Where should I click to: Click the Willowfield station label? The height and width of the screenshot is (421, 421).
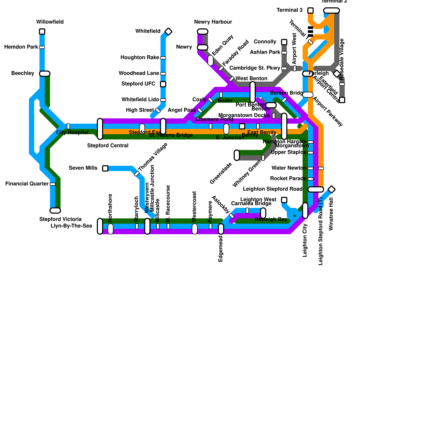pyautogui.click(x=50, y=22)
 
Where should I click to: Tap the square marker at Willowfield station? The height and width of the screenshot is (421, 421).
pyautogui.click(x=42, y=32)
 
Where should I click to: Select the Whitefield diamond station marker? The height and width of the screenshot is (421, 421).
pyautogui.click(x=168, y=32)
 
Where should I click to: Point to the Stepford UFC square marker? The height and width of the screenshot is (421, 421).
pyautogui.click(x=163, y=84)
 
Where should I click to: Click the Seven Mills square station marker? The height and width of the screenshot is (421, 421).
pyautogui.click(x=105, y=168)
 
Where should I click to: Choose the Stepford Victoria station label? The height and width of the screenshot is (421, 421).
pyautogui.click(x=60, y=219)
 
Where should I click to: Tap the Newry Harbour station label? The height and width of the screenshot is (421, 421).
pyautogui.click(x=213, y=22)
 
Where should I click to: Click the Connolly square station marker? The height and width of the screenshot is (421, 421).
pyautogui.click(x=284, y=42)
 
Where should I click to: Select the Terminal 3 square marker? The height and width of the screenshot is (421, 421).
pyautogui.click(x=310, y=11)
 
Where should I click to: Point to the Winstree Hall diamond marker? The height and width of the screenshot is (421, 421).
pyautogui.click(x=332, y=189)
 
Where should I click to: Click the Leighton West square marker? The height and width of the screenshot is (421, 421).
pyautogui.click(x=284, y=200)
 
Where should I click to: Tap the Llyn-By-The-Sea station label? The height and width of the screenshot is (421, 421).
pyautogui.click(x=71, y=226)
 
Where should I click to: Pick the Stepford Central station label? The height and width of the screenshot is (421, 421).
pyautogui.click(x=108, y=146)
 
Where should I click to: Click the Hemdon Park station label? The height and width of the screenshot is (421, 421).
pyautogui.click(x=21, y=47)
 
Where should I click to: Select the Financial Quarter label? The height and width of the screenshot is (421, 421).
pyautogui.click(x=27, y=184)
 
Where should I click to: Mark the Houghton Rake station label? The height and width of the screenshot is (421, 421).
pyautogui.click(x=140, y=58)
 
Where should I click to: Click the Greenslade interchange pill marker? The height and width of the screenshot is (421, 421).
pyautogui.click(x=237, y=155)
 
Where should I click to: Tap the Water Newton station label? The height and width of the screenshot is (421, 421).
pyautogui.click(x=289, y=168)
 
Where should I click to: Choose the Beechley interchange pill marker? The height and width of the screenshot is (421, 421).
pyautogui.click(x=45, y=74)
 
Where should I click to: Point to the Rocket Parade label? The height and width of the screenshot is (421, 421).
pyautogui.click(x=288, y=179)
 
